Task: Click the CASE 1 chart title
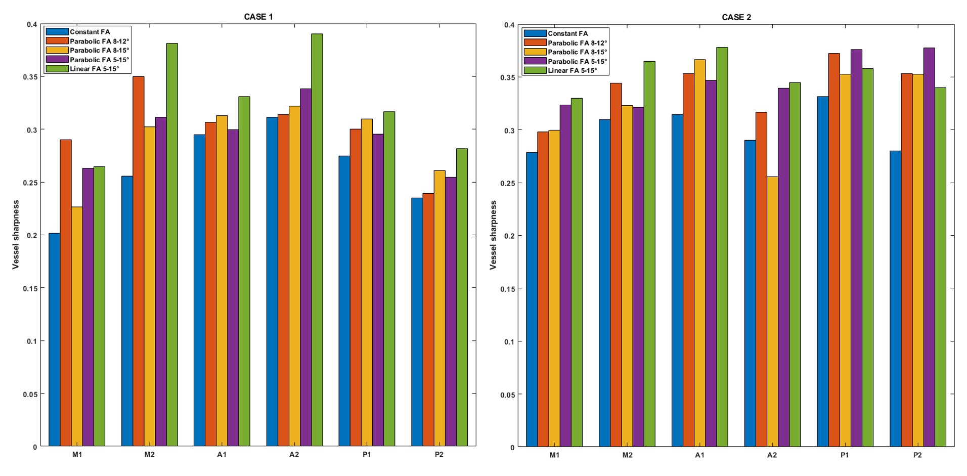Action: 258,17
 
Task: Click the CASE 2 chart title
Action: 736,17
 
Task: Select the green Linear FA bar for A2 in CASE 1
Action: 317,240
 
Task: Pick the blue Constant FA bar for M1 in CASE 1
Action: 55,339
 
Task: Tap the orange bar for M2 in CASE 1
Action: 139,261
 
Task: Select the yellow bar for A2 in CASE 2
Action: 772,312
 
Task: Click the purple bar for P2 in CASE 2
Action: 929,247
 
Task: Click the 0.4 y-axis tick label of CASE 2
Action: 509,25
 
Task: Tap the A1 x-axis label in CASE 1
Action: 222,454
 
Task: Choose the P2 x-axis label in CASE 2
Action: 917,455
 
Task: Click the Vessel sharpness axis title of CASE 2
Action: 494,235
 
